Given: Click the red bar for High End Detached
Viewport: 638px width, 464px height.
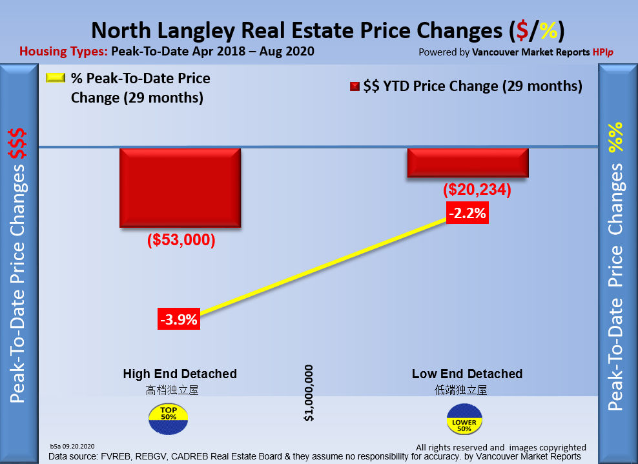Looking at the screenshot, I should click(x=180, y=187).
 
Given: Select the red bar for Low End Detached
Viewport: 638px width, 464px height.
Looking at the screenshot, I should click(x=468, y=163).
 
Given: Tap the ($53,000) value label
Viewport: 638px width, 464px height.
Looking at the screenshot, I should click(x=181, y=240).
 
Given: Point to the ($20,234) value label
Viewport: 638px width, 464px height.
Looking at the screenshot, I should click(x=477, y=190).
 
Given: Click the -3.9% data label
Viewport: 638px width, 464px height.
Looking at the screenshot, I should click(x=179, y=319).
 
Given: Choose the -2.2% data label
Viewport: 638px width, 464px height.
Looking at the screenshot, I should click(x=468, y=212).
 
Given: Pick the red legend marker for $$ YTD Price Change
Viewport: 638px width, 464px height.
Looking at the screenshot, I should click(x=355, y=86).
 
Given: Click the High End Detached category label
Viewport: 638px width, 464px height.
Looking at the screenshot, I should click(x=180, y=374).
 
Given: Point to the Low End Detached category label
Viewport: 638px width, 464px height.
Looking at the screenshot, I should click(x=467, y=374).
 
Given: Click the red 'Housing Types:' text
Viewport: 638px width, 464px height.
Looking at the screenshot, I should click(x=63, y=52).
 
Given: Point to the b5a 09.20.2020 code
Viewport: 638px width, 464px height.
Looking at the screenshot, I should click(x=72, y=446).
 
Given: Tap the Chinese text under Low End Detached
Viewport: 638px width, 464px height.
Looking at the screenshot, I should click(x=460, y=390).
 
